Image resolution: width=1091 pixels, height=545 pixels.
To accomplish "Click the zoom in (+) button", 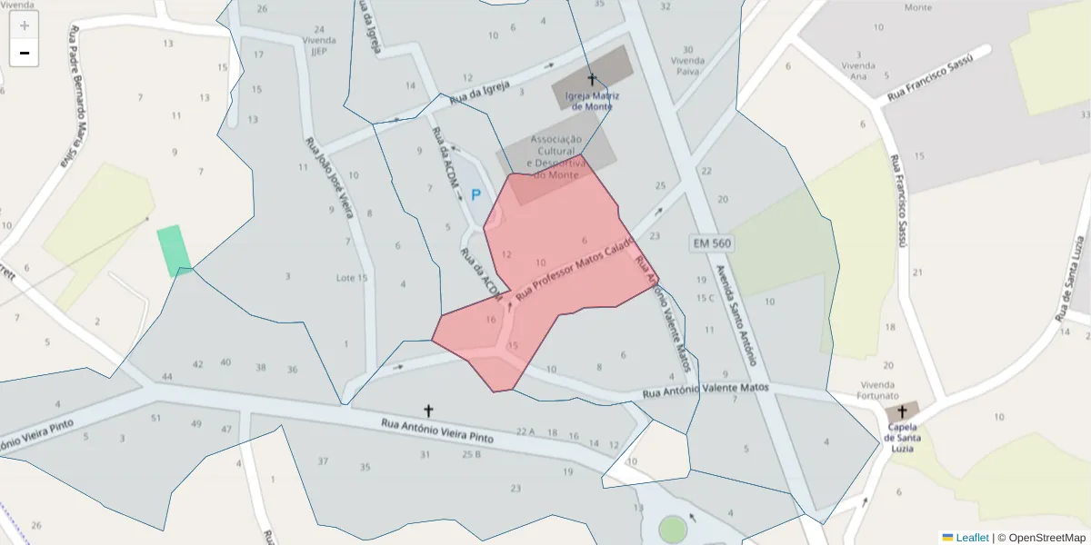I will [x=25, y=25].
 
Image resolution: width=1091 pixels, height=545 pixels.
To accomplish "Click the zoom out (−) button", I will [x=25, y=53].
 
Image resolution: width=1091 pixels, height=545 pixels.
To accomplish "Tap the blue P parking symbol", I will [x=475, y=194].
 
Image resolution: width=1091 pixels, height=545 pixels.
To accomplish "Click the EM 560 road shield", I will [x=711, y=243].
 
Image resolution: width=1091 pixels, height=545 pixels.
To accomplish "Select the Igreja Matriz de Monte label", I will [x=589, y=100].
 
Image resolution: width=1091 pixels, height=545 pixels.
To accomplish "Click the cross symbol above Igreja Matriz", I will [x=592, y=80].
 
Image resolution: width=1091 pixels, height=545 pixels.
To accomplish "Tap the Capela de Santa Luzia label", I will [x=902, y=437].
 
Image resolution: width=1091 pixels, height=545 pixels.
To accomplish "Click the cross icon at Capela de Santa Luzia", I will [x=902, y=411].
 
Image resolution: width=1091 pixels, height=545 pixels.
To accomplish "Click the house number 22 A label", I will [x=525, y=431].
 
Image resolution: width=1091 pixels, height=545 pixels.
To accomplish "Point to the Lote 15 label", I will [x=352, y=278].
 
